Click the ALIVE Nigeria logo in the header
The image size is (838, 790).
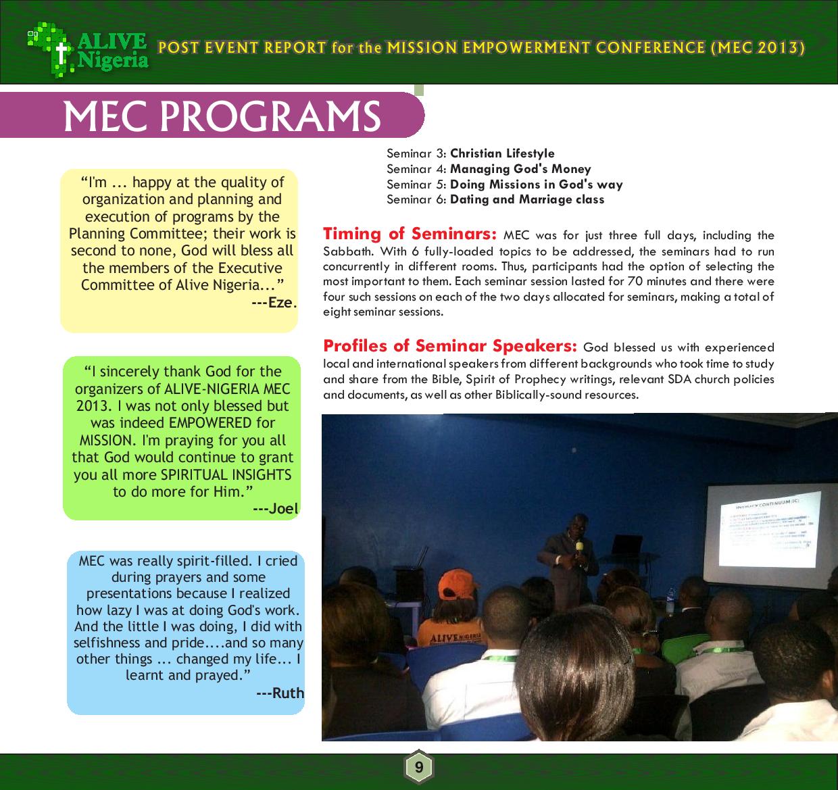tap(88, 49)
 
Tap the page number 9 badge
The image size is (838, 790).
tap(419, 768)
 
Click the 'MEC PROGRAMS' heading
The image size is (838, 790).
tap(222, 116)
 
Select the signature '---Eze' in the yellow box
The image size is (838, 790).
tap(272, 302)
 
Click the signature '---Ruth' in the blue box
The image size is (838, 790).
tap(280, 693)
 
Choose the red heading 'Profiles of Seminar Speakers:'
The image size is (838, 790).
tap(450, 346)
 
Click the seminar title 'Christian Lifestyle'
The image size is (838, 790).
tap(502, 153)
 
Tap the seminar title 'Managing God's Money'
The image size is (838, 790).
tap(520, 169)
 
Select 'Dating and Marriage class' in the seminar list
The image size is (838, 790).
tap(527, 199)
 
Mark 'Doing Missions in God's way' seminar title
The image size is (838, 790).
tap(536, 184)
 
